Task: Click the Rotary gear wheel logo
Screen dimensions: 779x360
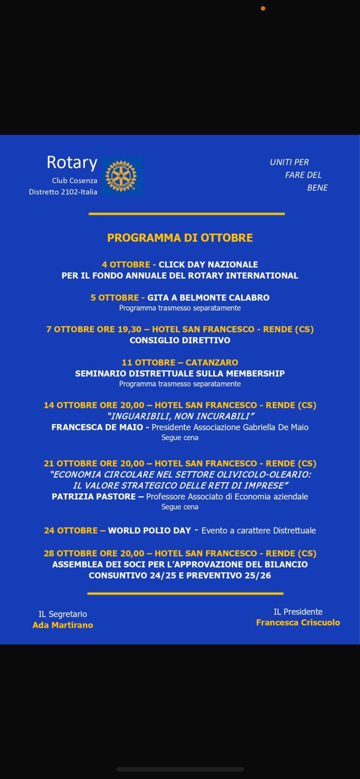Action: pos(121,176)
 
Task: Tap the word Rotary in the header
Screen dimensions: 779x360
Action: pos(72,162)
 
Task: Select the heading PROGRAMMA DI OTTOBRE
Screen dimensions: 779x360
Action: pos(180,238)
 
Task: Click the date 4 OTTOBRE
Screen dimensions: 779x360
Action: pos(126,264)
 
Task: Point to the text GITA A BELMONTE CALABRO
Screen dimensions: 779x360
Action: pos(208,297)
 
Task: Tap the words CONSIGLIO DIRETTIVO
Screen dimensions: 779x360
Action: pos(180,340)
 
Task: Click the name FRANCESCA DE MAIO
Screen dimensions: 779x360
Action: pos(97,427)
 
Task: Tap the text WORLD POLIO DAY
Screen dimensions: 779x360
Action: pos(150,530)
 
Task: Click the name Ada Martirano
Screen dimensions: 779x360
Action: pos(63,625)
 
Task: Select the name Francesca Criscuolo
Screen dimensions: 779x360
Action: pos(298,622)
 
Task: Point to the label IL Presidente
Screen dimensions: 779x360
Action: pos(298,612)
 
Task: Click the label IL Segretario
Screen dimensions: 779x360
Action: pos(63,614)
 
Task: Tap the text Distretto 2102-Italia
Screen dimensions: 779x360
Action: pos(63,192)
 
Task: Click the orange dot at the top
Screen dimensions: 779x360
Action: pos(263,8)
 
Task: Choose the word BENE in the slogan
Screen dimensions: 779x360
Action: pos(317,188)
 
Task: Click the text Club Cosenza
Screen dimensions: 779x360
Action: pos(75,180)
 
